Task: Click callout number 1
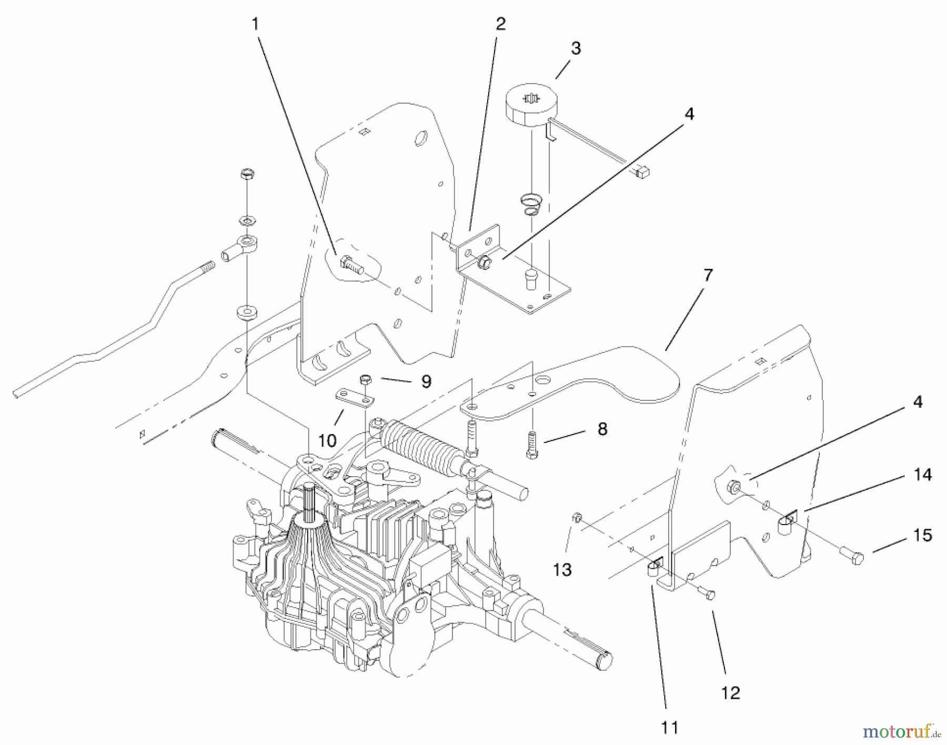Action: pos(256,25)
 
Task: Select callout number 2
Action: pos(500,24)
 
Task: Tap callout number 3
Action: pos(576,48)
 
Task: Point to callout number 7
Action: pos(708,275)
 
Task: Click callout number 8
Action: pos(602,429)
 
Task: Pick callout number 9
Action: pos(426,381)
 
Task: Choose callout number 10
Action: pos(327,440)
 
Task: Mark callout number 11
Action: pos(669,728)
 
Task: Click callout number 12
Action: pos(731,693)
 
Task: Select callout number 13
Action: pos(562,569)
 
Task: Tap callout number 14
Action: pos(923,475)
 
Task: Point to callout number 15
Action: pos(923,536)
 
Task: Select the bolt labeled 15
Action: pos(852,555)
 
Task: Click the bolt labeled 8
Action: pos(532,445)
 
